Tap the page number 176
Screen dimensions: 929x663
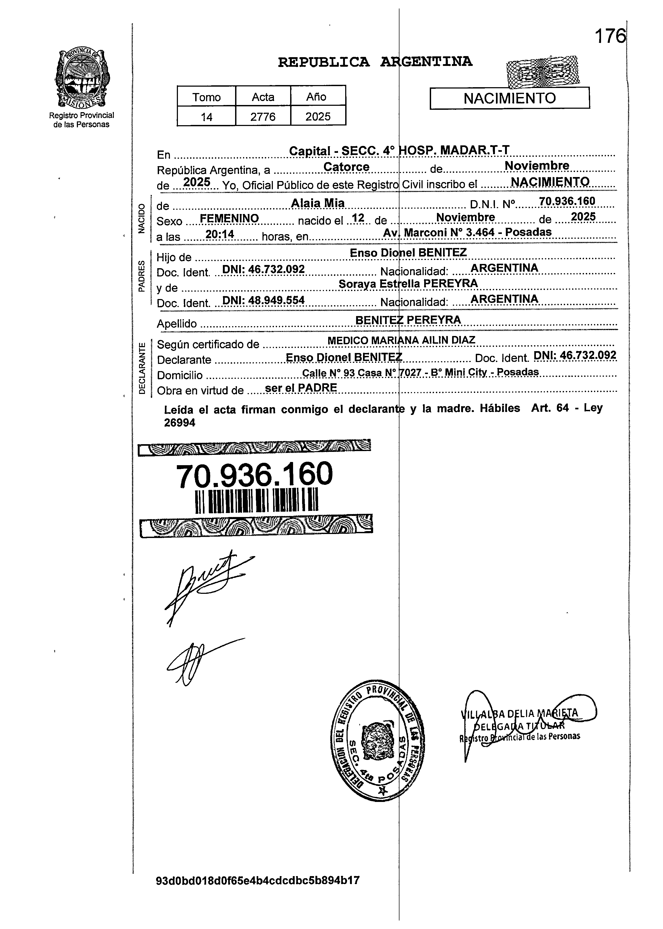[x=610, y=37]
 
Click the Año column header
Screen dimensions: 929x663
[x=318, y=97]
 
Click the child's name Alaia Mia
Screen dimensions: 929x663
[x=318, y=203]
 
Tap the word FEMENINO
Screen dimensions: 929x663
[x=230, y=219]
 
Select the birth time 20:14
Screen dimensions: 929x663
[x=220, y=234]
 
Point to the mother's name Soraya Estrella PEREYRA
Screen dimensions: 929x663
[x=408, y=283]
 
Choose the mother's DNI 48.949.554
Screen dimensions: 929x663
[x=263, y=301]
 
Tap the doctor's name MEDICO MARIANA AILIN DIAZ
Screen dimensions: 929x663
[x=401, y=340]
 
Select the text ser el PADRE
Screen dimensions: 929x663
[x=301, y=388]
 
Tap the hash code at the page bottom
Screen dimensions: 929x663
[x=258, y=892]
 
